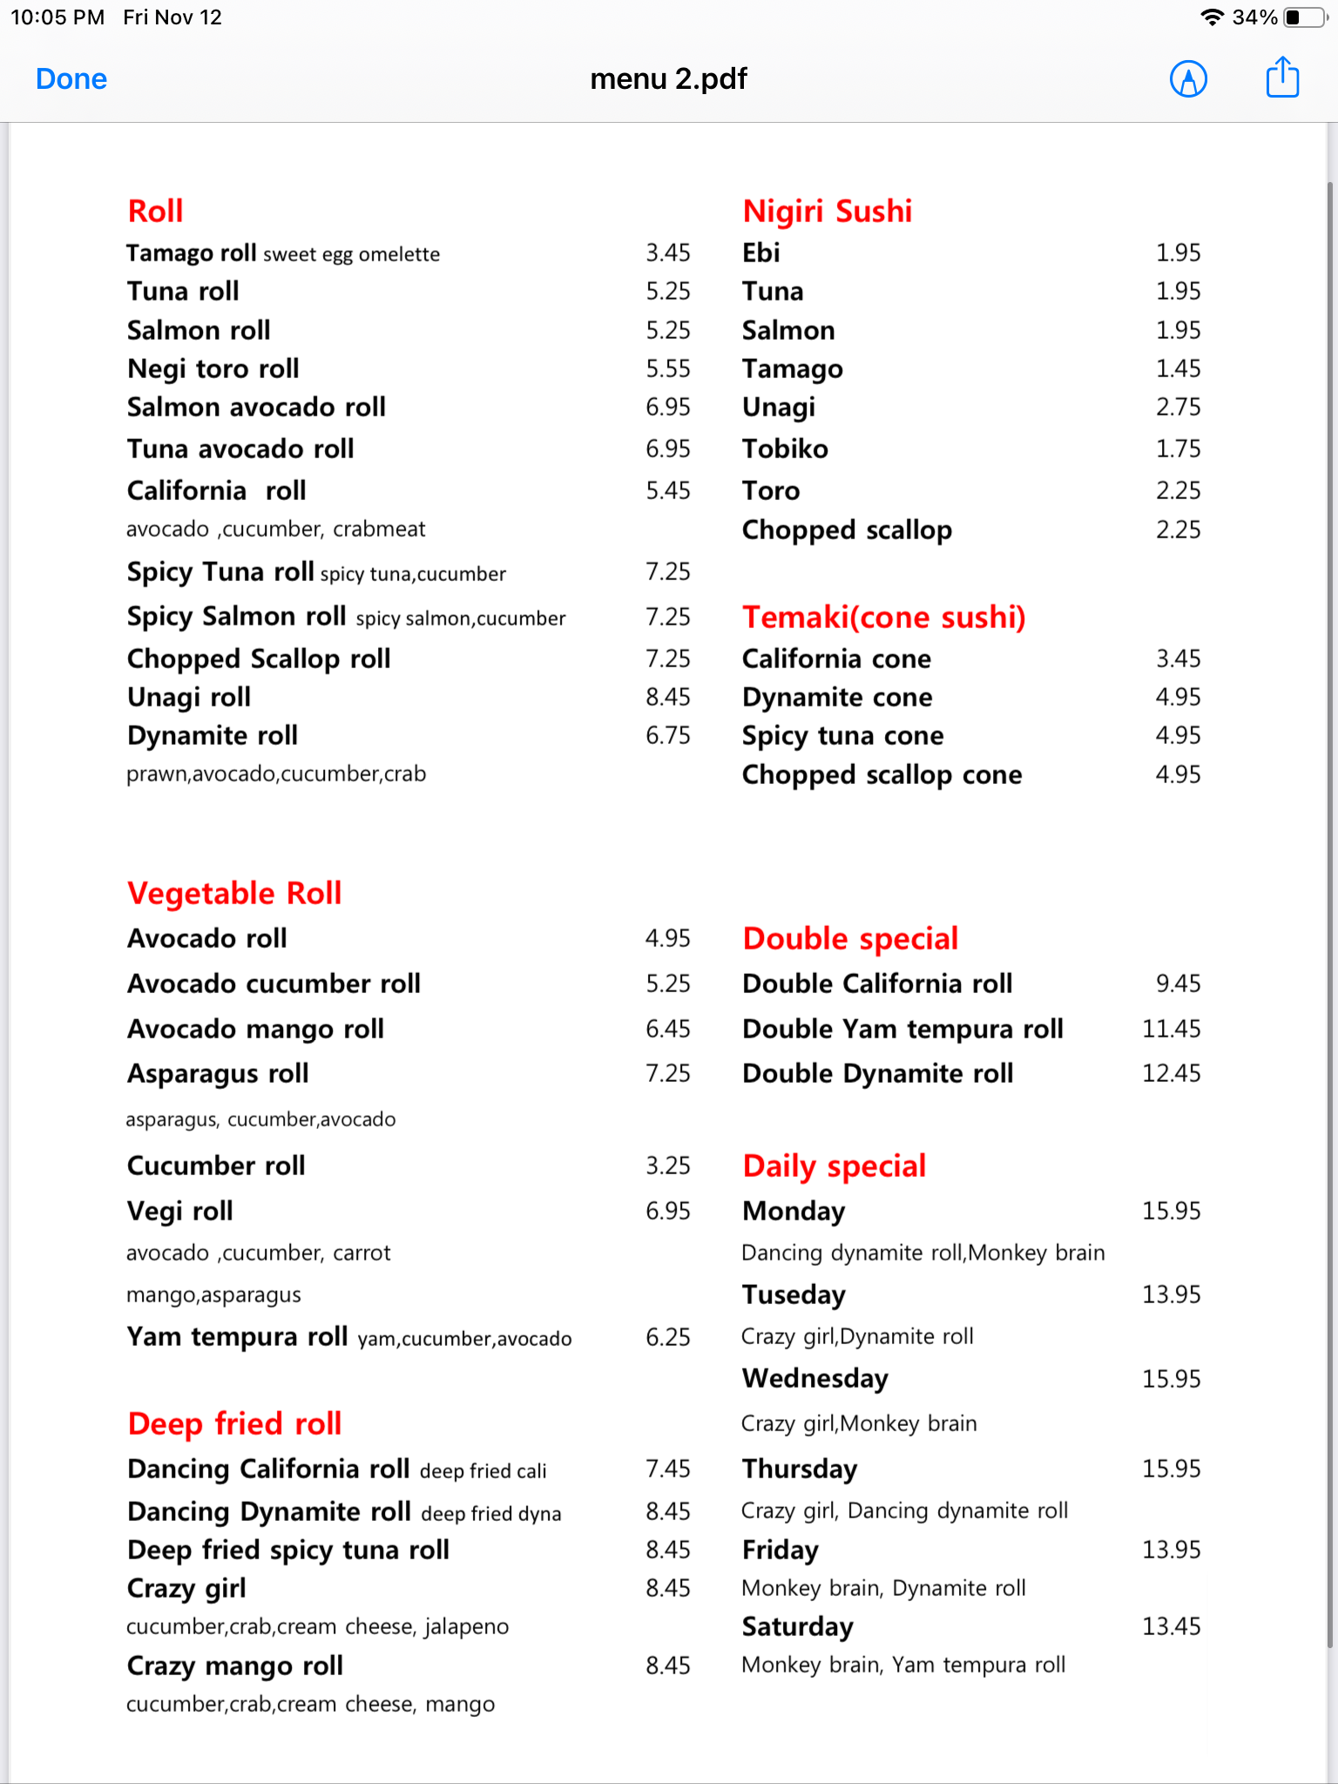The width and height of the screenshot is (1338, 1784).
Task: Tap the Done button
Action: tap(71, 79)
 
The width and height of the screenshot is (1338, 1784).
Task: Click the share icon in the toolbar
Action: tap(1282, 78)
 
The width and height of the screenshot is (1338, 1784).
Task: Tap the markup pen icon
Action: tap(1188, 79)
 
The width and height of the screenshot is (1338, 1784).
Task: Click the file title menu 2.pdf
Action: tap(668, 79)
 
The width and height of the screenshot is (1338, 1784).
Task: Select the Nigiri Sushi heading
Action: tap(827, 211)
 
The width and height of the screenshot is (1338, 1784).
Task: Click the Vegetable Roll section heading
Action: tap(234, 893)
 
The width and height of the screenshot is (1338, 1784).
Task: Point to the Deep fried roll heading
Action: tap(234, 1423)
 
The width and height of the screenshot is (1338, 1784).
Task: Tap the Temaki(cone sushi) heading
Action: tap(883, 617)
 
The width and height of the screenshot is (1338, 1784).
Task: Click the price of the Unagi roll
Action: tap(667, 697)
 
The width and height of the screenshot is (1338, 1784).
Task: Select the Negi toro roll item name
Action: tap(213, 368)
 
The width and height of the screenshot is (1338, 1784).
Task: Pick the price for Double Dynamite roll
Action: tap(1171, 1073)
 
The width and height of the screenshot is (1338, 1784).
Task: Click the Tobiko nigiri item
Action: tap(785, 449)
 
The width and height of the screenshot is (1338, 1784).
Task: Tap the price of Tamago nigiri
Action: tap(1178, 368)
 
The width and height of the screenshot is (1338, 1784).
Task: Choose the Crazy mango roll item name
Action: tap(235, 1666)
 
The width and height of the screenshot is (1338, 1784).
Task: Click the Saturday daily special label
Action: tap(797, 1626)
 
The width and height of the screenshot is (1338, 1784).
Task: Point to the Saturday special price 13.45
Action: tap(1171, 1626)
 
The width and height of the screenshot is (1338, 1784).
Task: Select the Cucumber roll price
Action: tap(667, 1166)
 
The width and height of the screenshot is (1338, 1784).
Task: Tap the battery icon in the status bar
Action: tap(1303, 17)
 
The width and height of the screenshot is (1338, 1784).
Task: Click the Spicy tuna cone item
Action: tap(842, 735)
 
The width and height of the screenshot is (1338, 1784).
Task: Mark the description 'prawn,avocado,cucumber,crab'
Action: tap(276, 774)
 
